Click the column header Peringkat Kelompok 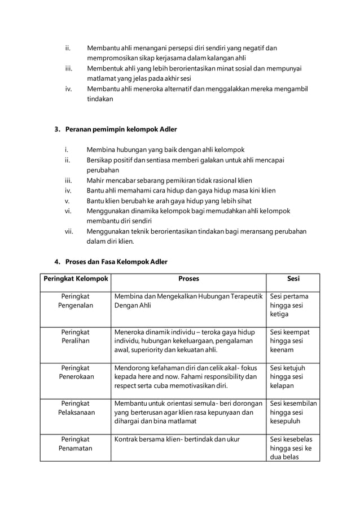75,279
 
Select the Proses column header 188,279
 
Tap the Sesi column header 293,279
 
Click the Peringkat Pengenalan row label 75,301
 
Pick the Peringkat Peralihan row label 75,336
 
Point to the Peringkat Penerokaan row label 75,372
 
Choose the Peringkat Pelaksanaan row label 75,408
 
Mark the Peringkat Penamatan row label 75,444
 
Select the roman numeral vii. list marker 69,231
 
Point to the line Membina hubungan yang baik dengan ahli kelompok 165,150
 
